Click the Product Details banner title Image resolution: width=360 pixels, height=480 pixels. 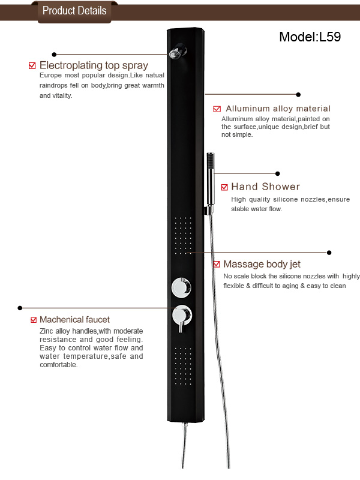[74, 11]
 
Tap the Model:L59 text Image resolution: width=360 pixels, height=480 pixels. [310, 37]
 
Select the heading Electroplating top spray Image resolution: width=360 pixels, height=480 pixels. [94, 65]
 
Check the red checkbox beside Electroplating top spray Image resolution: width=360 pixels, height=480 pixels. [32, 65]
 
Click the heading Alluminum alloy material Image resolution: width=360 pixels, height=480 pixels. [278, 109]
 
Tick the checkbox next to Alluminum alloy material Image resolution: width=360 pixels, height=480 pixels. [217, 109]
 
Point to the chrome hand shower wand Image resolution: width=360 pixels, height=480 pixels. [211, 183]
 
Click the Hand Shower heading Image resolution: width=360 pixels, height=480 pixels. [265, 187]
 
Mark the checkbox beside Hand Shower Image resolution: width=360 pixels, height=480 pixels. [224, 187]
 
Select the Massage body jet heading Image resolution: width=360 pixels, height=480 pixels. [262, 264]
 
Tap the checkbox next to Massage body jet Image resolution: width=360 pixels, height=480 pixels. [217, 264]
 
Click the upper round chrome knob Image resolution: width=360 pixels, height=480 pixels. [181, 287]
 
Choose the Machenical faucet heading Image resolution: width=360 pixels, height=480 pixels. [74, 320]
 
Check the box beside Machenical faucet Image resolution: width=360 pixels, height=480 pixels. [34, 320]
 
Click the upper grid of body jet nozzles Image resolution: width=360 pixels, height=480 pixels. [183, 236]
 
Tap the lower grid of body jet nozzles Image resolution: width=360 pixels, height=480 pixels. [183, 366]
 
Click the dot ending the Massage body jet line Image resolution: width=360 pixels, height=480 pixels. [329, 253]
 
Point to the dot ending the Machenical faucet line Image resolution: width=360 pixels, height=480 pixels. [20, 308]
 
